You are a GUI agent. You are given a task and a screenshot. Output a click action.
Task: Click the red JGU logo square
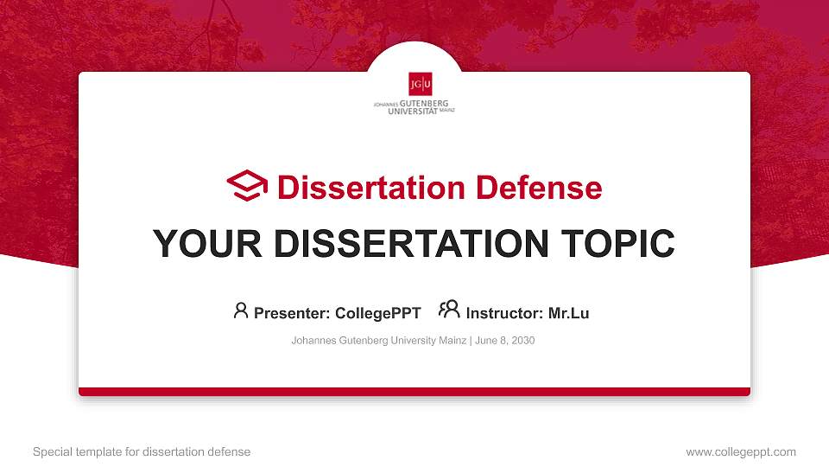point(421,84)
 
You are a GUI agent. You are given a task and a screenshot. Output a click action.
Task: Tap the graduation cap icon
point(247,187)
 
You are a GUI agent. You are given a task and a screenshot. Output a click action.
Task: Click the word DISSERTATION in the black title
point(407,244)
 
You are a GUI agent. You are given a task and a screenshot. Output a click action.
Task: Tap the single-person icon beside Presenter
point(241,310)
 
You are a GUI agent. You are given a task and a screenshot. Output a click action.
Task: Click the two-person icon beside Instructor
point(449,310)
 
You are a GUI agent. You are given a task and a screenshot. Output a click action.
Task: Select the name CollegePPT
point(377,313)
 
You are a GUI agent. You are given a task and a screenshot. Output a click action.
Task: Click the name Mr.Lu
point(568,313)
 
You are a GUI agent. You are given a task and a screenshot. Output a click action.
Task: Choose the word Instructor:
point(504,313)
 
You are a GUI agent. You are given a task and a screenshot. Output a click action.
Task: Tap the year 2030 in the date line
point(523,341)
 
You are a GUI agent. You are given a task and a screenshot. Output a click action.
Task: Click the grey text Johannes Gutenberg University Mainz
point(378,341)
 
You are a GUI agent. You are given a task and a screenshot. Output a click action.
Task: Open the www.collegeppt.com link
point(740,452)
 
